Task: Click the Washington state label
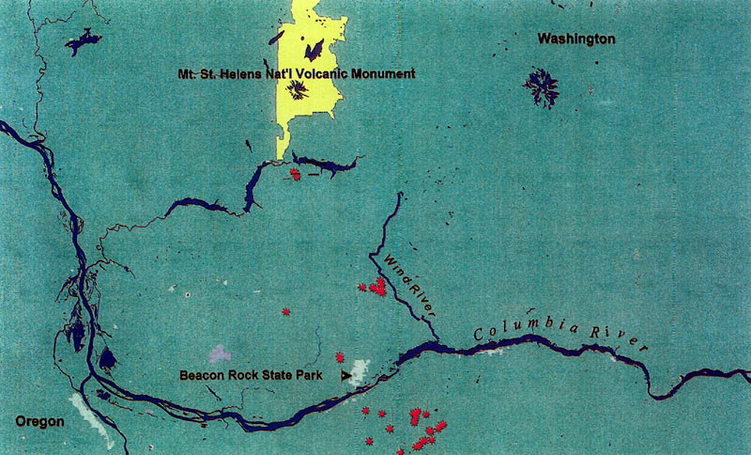576,39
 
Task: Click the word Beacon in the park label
200,375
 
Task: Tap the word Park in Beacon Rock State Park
309,375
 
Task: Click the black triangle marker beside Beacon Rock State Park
346,375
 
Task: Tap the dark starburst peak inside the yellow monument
299,90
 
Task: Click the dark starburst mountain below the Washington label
541,87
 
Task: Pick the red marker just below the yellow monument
296,174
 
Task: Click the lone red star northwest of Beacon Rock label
285,311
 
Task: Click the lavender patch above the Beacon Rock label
220,354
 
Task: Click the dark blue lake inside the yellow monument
315,49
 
